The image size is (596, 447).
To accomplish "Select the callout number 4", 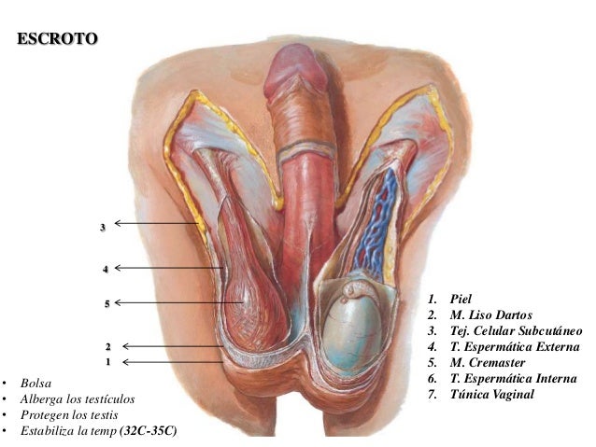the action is tap(106, 269).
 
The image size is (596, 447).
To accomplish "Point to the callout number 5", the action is tap(107, 303).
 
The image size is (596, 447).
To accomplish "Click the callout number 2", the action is tap(108, 346).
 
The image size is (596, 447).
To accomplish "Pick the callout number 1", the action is tap(108, 361).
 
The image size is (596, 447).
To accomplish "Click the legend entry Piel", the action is tap(461, 300).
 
